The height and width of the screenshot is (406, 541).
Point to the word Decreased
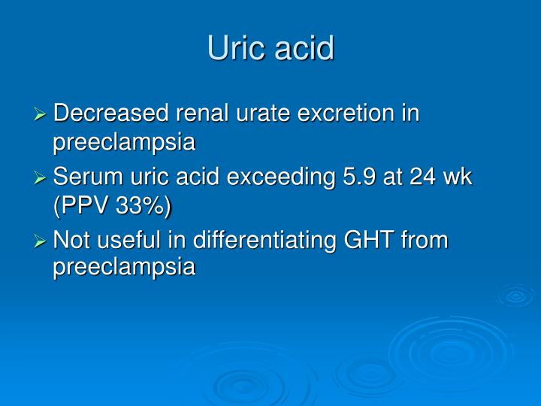click(x=111, y=114)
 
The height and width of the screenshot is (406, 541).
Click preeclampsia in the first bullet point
click(x=124, y=141)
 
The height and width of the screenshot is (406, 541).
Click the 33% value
click(x=143, y=205)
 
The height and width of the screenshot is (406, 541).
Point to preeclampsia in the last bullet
click(x=124, y=268)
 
